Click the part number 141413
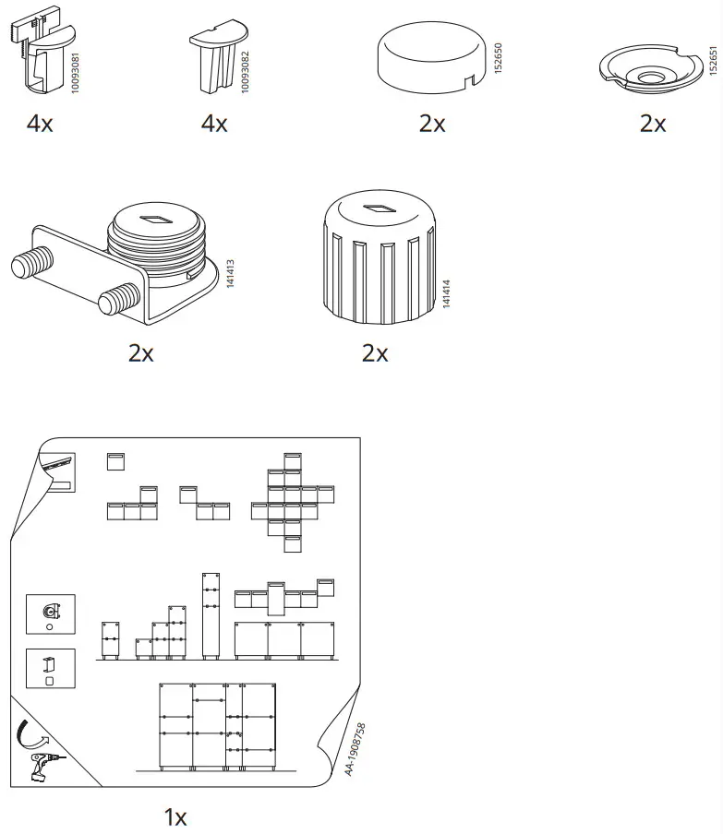[229, 276]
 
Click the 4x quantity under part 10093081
[40, 124]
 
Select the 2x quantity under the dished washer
[652, 124]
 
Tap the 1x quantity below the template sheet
[175, 816]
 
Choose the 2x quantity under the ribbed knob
[375, 353]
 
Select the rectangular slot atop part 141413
[154, 220]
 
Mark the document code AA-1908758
[355, 748]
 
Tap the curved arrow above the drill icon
[33, 735]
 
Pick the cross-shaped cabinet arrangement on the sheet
[291, 501]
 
